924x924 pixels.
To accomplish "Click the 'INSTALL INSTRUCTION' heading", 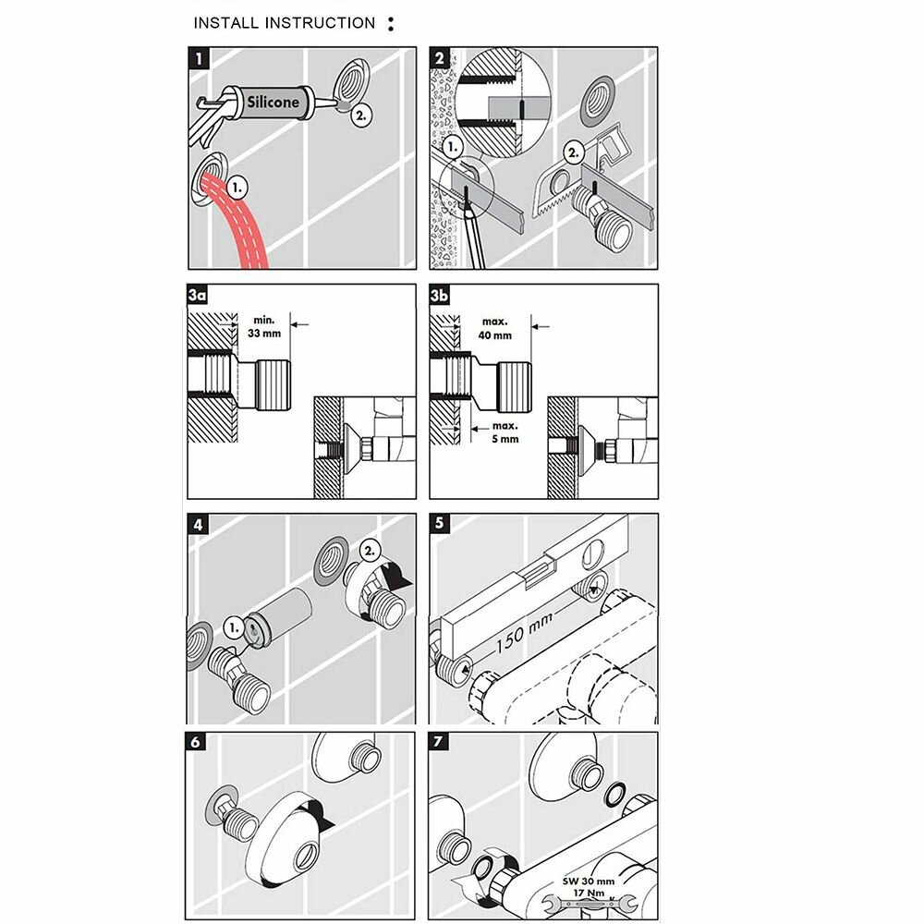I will click(285, 23).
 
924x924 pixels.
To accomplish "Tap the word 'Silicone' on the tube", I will click(273, 102).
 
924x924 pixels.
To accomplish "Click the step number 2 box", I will click(440, 56).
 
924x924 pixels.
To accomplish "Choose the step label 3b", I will click(440, 296).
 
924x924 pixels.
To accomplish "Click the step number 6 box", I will click(197, 742).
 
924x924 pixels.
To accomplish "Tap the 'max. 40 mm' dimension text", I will click(495, 329).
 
